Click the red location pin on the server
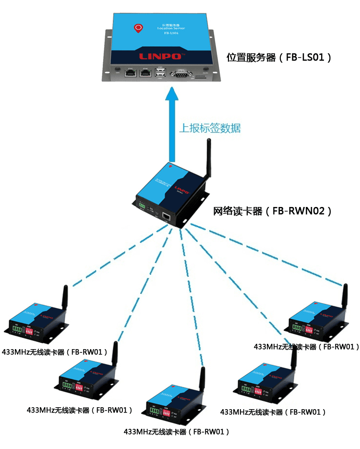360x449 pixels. (x=138, y=29)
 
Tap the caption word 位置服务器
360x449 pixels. (x=251, y=58)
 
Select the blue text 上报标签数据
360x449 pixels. (x=210, y=128)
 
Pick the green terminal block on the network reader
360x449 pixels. (x=142, y=205)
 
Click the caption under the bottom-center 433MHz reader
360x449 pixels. (x=176, y=432)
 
